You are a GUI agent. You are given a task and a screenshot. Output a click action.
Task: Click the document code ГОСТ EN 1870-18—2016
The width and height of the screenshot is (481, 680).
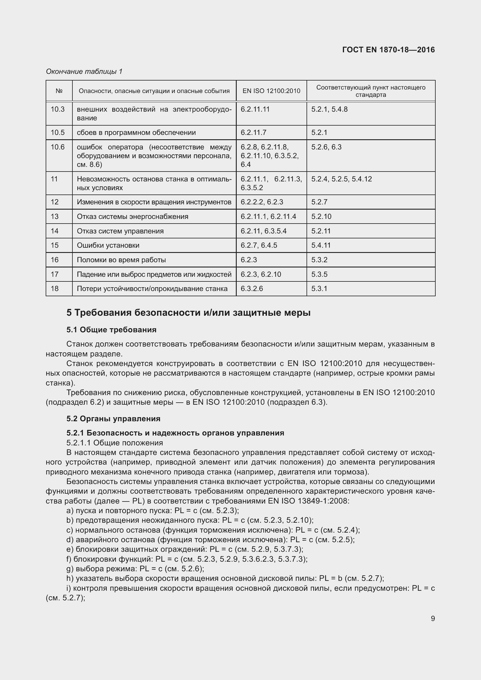point(388,50)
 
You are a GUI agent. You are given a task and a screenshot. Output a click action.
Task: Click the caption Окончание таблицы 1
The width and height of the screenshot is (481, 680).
point(84,72)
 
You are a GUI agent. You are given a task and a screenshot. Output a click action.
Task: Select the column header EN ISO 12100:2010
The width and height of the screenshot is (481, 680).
point(271,91)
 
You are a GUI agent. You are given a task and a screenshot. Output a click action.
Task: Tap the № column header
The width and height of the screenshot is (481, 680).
point(59,91)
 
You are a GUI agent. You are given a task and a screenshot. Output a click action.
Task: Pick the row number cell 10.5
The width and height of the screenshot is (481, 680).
point(58,132)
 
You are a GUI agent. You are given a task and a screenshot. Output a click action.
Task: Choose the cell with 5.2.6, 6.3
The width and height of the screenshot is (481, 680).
point(326,147)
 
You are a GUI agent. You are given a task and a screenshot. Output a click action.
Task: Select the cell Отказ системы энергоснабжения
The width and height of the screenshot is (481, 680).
point(132,217)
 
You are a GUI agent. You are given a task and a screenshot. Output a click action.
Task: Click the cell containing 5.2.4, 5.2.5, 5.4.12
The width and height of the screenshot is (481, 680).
point(341,179)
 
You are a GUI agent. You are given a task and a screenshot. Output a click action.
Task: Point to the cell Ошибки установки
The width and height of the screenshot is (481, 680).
point(108,245)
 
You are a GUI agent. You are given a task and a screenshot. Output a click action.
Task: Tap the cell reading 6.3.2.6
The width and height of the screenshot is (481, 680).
point(252,288)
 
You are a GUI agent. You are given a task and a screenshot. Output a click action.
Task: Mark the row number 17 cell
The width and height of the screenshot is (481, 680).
point(55,274)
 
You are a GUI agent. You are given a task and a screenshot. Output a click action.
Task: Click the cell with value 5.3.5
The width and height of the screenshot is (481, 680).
point(319,274)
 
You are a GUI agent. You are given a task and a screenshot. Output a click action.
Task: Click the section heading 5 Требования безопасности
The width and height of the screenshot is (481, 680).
point(188,313)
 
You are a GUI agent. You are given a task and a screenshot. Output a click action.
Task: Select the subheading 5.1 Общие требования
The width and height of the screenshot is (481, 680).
point(111,330)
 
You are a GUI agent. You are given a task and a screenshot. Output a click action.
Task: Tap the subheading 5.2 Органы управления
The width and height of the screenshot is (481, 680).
point(113,418)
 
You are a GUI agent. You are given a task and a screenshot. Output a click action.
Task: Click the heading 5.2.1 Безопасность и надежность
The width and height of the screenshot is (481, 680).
point(175,433)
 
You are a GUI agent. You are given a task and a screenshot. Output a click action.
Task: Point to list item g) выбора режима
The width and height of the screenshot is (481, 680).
point(135,569)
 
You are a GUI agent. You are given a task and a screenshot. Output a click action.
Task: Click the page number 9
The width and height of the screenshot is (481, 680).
point(433,618)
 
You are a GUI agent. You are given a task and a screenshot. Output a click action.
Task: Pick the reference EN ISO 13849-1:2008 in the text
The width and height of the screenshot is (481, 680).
point(309,501)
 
